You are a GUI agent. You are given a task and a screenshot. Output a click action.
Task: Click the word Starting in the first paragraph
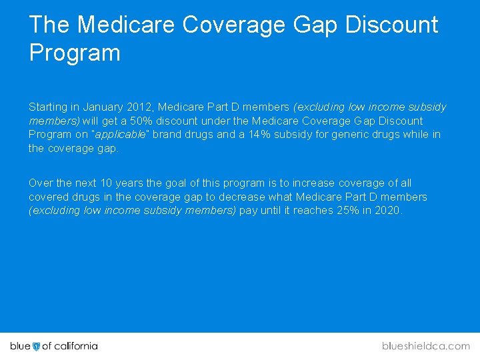pos(48,107)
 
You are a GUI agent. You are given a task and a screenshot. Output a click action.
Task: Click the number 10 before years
pos(107,183)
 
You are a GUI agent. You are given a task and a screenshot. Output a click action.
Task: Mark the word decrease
pos(237,197)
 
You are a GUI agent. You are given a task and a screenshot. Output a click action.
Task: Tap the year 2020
pos(387,211)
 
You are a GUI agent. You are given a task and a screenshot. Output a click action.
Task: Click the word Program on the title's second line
pos(75,53)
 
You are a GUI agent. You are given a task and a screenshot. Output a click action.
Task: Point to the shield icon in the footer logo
pos(36,346)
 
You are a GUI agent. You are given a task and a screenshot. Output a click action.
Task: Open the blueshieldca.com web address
pos(426,346)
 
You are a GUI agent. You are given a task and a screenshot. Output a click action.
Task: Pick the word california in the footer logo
pos(75,346)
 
